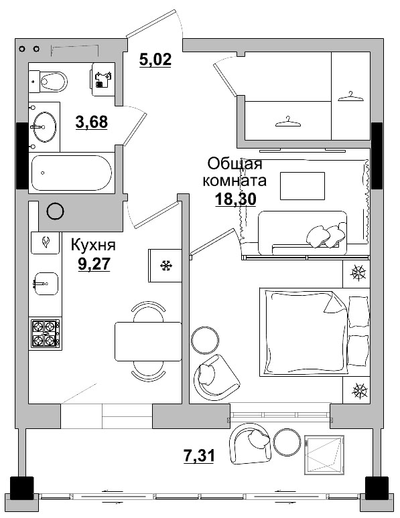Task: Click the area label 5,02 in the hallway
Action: (x=155, y=60)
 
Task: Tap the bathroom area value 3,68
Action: (x=92, y=122)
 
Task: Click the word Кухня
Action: (x=94, y=245)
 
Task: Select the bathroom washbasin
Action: (x=44, y=125)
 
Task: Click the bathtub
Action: (x=72, y=173)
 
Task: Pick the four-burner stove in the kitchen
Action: (x=46, y=333)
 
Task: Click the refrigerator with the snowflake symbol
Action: (x=165, y=265)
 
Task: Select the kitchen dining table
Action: (x=148, y=341)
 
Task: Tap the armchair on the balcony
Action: (x=249, y=442)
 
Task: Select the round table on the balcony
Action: (x=287, y=442)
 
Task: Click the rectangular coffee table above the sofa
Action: (x=302, y=185)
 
